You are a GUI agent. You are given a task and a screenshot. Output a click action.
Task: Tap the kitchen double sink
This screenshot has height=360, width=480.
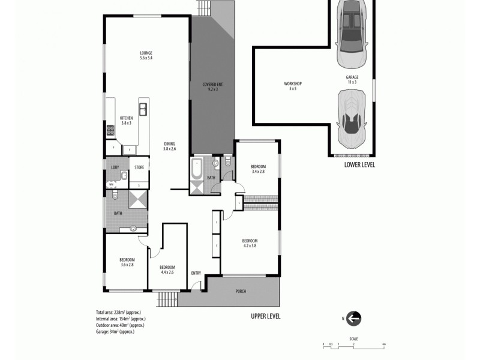click(143, 109)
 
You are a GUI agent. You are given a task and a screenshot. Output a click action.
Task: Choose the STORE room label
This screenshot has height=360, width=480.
click(139, 167)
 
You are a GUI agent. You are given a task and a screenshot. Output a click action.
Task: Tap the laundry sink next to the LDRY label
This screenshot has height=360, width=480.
click(122, 176)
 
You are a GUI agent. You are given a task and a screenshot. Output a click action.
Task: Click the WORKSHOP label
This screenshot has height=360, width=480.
click(293, 83)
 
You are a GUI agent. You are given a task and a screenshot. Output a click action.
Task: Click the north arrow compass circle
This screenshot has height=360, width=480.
click(354, 318)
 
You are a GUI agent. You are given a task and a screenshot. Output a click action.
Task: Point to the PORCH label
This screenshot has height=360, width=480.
click(241, 292)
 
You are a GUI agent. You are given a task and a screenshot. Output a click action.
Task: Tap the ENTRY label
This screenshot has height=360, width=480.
click(196, 273)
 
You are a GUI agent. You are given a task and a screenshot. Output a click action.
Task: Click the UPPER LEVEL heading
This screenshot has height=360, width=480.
click(265, 316)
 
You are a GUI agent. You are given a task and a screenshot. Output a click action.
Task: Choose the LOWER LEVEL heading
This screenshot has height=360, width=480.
click(359, 164)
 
